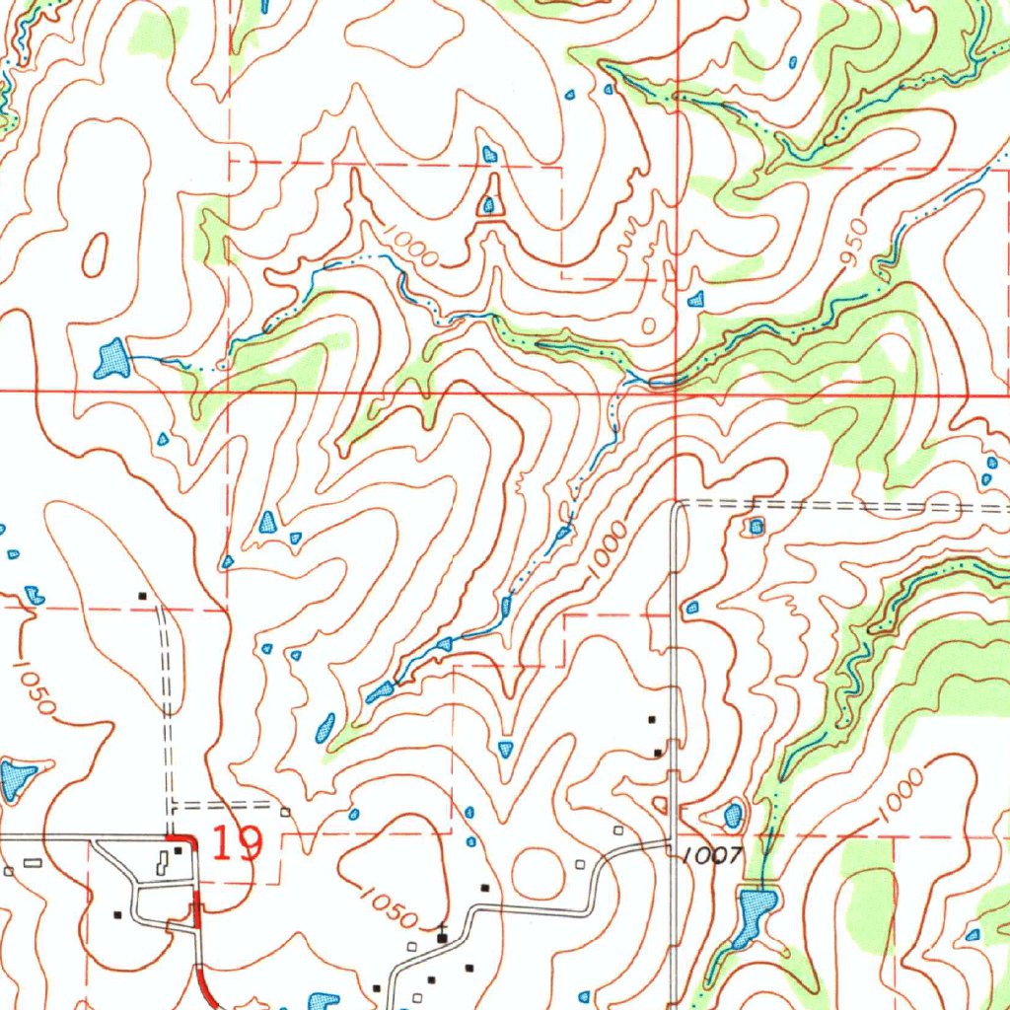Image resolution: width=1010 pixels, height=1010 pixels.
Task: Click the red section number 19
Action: (238, 844)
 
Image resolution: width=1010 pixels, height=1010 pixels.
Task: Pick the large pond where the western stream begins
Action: (112, 359)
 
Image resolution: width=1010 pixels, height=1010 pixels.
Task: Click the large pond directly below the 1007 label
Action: (754, 907)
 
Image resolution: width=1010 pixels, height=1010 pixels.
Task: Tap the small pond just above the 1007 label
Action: (733, 816)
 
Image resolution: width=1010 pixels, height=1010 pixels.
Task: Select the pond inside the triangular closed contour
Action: (488, 205)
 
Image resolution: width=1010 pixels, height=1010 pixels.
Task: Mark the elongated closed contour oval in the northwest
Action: (96, 255)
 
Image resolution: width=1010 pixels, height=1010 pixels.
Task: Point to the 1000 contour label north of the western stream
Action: (411, 243)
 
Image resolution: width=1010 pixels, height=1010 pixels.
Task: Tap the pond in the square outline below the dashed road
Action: (757, 527)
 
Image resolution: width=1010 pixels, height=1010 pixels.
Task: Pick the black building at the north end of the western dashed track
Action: (143, 596)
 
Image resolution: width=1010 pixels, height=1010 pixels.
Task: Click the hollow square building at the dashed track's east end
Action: (285, 812)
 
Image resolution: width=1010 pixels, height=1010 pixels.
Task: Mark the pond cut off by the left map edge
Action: (14, 780)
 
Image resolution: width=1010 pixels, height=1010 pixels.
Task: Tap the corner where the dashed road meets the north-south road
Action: (678, 505)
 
